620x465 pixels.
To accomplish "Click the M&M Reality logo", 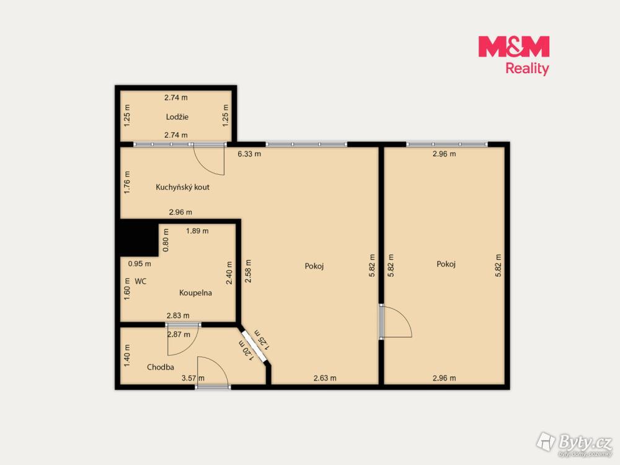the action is (513, 55).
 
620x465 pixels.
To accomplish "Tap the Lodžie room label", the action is (177, 117).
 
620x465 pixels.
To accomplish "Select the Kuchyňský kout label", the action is (183, 187).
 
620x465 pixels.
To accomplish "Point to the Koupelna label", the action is (195, 293).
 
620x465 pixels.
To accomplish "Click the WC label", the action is (140, 281).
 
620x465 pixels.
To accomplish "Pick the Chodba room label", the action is (161, 367).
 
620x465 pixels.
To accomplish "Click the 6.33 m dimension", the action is (249, 154).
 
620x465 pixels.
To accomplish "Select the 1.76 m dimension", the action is (127, 182).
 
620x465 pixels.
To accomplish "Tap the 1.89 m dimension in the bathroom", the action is (197, 231).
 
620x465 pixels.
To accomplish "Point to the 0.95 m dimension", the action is (139, 263).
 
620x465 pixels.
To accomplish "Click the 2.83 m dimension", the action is (178, 316).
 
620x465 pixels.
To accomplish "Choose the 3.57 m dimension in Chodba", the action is (193, 378).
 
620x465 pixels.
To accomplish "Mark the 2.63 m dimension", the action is (325, 378).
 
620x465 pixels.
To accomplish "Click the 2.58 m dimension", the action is (248, 271).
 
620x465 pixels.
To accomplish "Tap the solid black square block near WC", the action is (139, 238).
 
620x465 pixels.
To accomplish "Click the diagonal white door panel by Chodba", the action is (254, 345).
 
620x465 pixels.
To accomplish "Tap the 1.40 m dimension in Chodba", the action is (127, 355).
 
